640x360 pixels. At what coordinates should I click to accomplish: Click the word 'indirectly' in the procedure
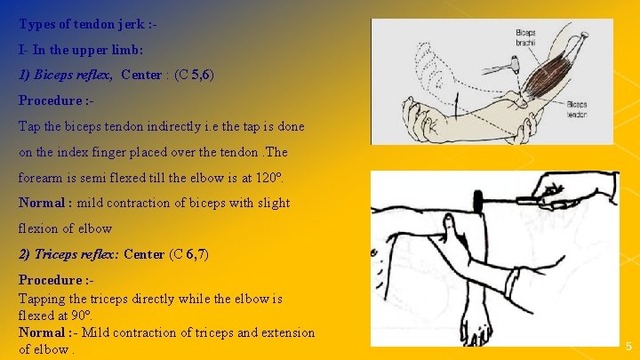(x=170, y=126)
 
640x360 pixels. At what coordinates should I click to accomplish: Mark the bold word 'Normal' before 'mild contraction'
(x=42, y=202)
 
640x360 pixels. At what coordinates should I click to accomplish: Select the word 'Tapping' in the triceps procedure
(x=41, y=299)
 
